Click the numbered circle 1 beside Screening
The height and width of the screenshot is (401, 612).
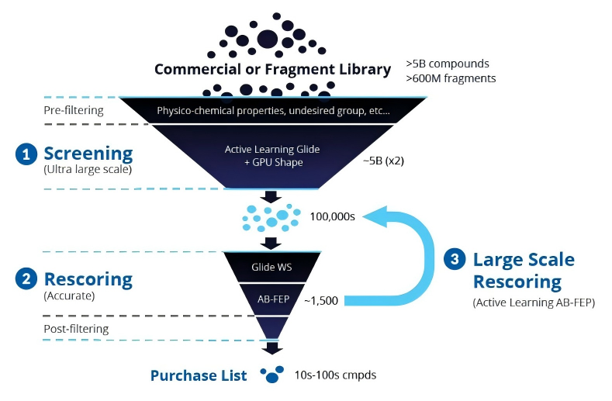pyautogui.click(x=26, y=154)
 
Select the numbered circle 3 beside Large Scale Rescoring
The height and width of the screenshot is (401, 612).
pyautogui.click(x=455, y=260)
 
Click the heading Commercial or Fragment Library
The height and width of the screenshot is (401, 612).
pyautogui.click(x=272, y=69)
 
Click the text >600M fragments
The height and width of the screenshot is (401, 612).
pyautogui.click(x=451, y=78)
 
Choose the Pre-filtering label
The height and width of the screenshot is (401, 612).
pyautogui.click(x=73, y=110)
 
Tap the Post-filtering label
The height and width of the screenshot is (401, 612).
pyautogui.click(x=76, y=329)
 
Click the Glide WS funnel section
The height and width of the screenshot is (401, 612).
pyautogui.click(x=271, y=268)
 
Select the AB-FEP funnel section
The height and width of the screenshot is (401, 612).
pyautogui.click(x=271, y=298)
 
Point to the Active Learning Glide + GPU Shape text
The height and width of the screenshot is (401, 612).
pyautogui.click(x=271, y=155)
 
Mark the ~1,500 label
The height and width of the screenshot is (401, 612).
pyautogui.click(x=320, y=300)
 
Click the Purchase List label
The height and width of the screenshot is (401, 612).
pyautogui.click(x=199, y=376)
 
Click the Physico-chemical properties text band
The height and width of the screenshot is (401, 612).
pyautogui.click(x=273, y=111)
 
